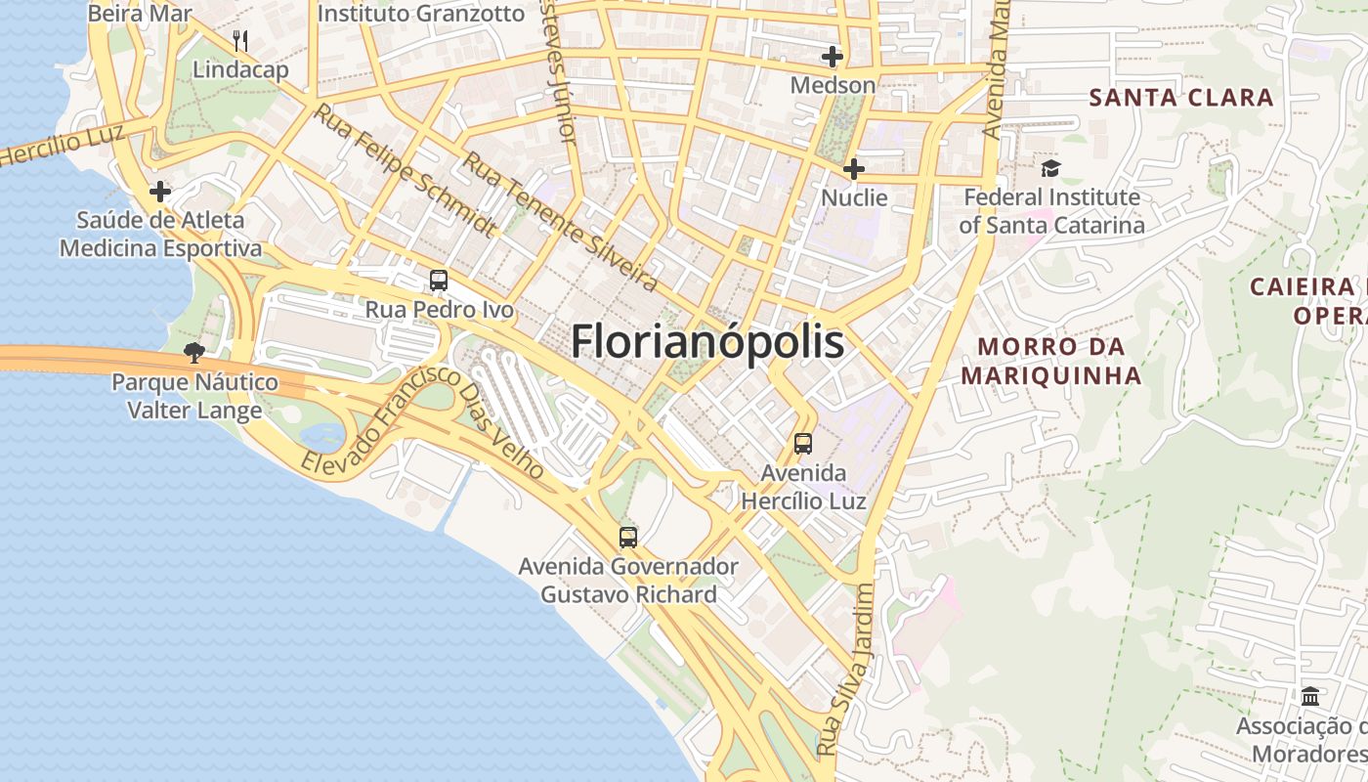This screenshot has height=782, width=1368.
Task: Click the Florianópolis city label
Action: pyautogui.click(x=706, y=342)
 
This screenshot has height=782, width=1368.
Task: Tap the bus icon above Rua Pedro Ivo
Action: pyautogui.click(x=439, y=281)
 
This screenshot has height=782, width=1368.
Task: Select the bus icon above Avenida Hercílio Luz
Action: pyautogui.click(x=803, y=444)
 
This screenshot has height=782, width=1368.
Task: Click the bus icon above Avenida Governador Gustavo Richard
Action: pyautogui.click(x=628, y=537)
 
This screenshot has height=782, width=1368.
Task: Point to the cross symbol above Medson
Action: pyautogui.click(x=833, y=57)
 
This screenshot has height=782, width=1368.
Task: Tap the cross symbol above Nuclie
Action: pyautogui.click(x=854, y=169)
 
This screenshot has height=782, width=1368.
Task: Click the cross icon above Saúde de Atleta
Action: pyautogui.click(x=160, y=192)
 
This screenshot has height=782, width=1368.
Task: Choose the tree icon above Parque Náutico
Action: pyautogui.click(x=194, y=353)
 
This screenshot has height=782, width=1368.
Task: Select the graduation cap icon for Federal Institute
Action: pyautogui.click(x=1050, y=168)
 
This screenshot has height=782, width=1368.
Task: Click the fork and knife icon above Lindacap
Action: pyautogui.click(x=240, y=41)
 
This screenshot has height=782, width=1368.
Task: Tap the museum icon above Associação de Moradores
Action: pyautogui.click(x=1310, y=697)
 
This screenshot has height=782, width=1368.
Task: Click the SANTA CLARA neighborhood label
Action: pyautogui.click(x=1181, y=98)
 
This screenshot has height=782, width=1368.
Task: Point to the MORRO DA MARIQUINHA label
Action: pyautogui.click(x=1050, y=361)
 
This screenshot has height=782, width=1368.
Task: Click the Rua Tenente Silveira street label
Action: pyautogui.click(x=559, y=222)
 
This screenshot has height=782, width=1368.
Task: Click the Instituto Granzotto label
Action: pyautogui.click(x=421, y=14)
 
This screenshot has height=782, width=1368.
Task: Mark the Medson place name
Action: pyautogui.click(x=833, y=85)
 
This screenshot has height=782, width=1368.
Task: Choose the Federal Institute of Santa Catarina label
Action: pyautogui.click(x=1051, y=211)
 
